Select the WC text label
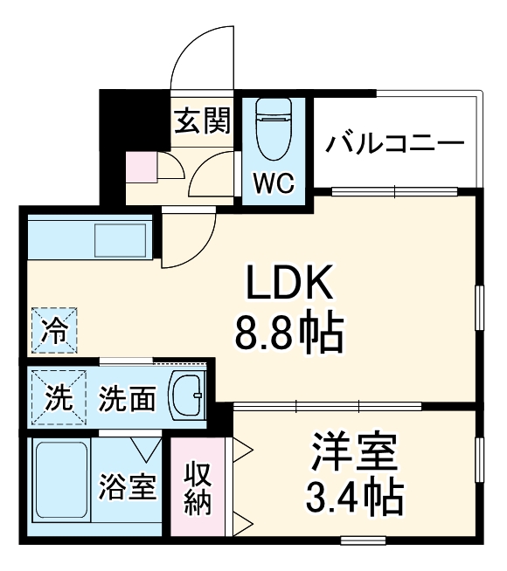274,182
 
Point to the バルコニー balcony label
395,141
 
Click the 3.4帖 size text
354,499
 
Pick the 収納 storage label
198,490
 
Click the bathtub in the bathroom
59,485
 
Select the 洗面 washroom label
128,399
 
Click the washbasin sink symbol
186,396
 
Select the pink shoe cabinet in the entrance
140,166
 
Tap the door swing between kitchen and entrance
188,240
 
